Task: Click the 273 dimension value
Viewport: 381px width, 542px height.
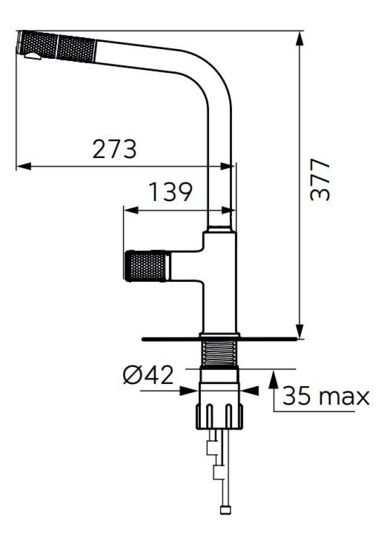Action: (x=115, y=149)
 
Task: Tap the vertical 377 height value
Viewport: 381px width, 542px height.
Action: (x=321, y=180)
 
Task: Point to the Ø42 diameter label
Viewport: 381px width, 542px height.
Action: (x=148, y=374)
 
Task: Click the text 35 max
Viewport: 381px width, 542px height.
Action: (x=326, y=396)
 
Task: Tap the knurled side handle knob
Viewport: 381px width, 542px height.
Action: (x=147, y=265)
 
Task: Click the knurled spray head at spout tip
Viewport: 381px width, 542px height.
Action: (x=56, y=46)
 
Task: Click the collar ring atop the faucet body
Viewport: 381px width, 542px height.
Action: (x=220, y=230)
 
